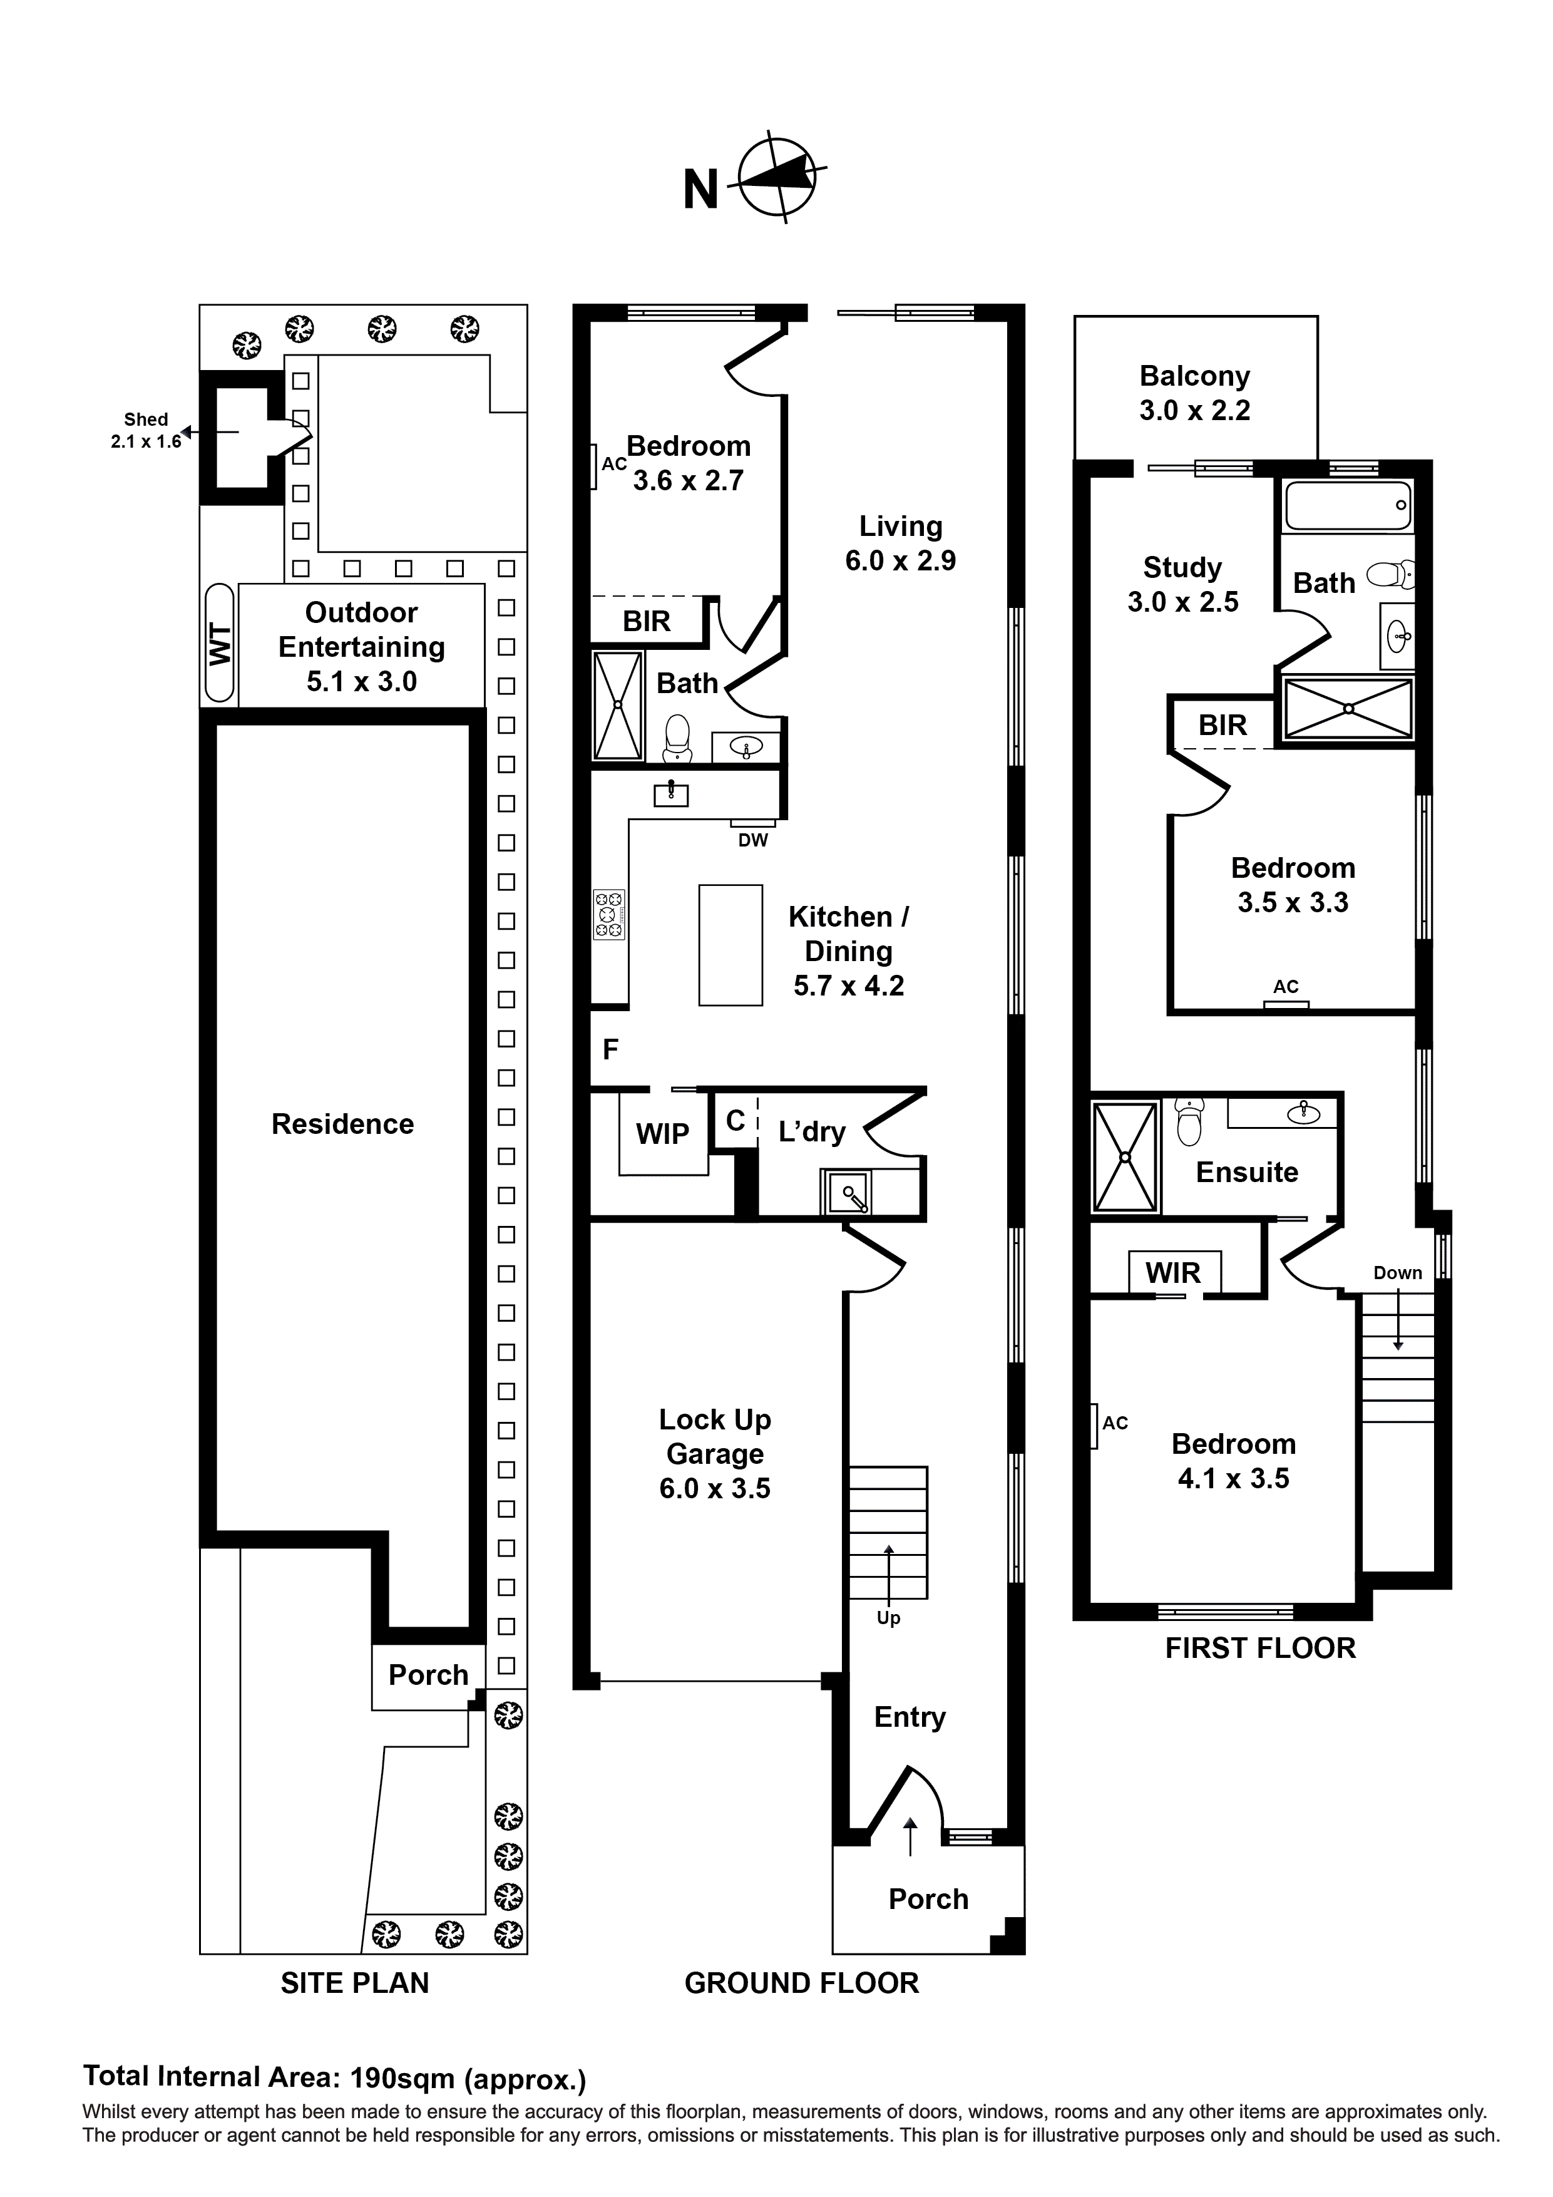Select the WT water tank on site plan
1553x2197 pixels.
[220, 643]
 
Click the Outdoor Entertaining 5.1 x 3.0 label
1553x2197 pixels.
[362, 647]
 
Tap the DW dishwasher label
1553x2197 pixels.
[753, 840]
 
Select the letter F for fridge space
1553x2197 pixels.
[610, 1050]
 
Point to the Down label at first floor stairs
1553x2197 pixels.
[1397, 1273]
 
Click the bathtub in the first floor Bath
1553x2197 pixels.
[1347, 505]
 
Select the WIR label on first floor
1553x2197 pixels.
[1173, 1273]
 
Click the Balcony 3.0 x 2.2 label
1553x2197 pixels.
[1194, 393]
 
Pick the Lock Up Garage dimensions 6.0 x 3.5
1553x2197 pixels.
[715, 1488]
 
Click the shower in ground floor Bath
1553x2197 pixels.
[618, 705]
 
